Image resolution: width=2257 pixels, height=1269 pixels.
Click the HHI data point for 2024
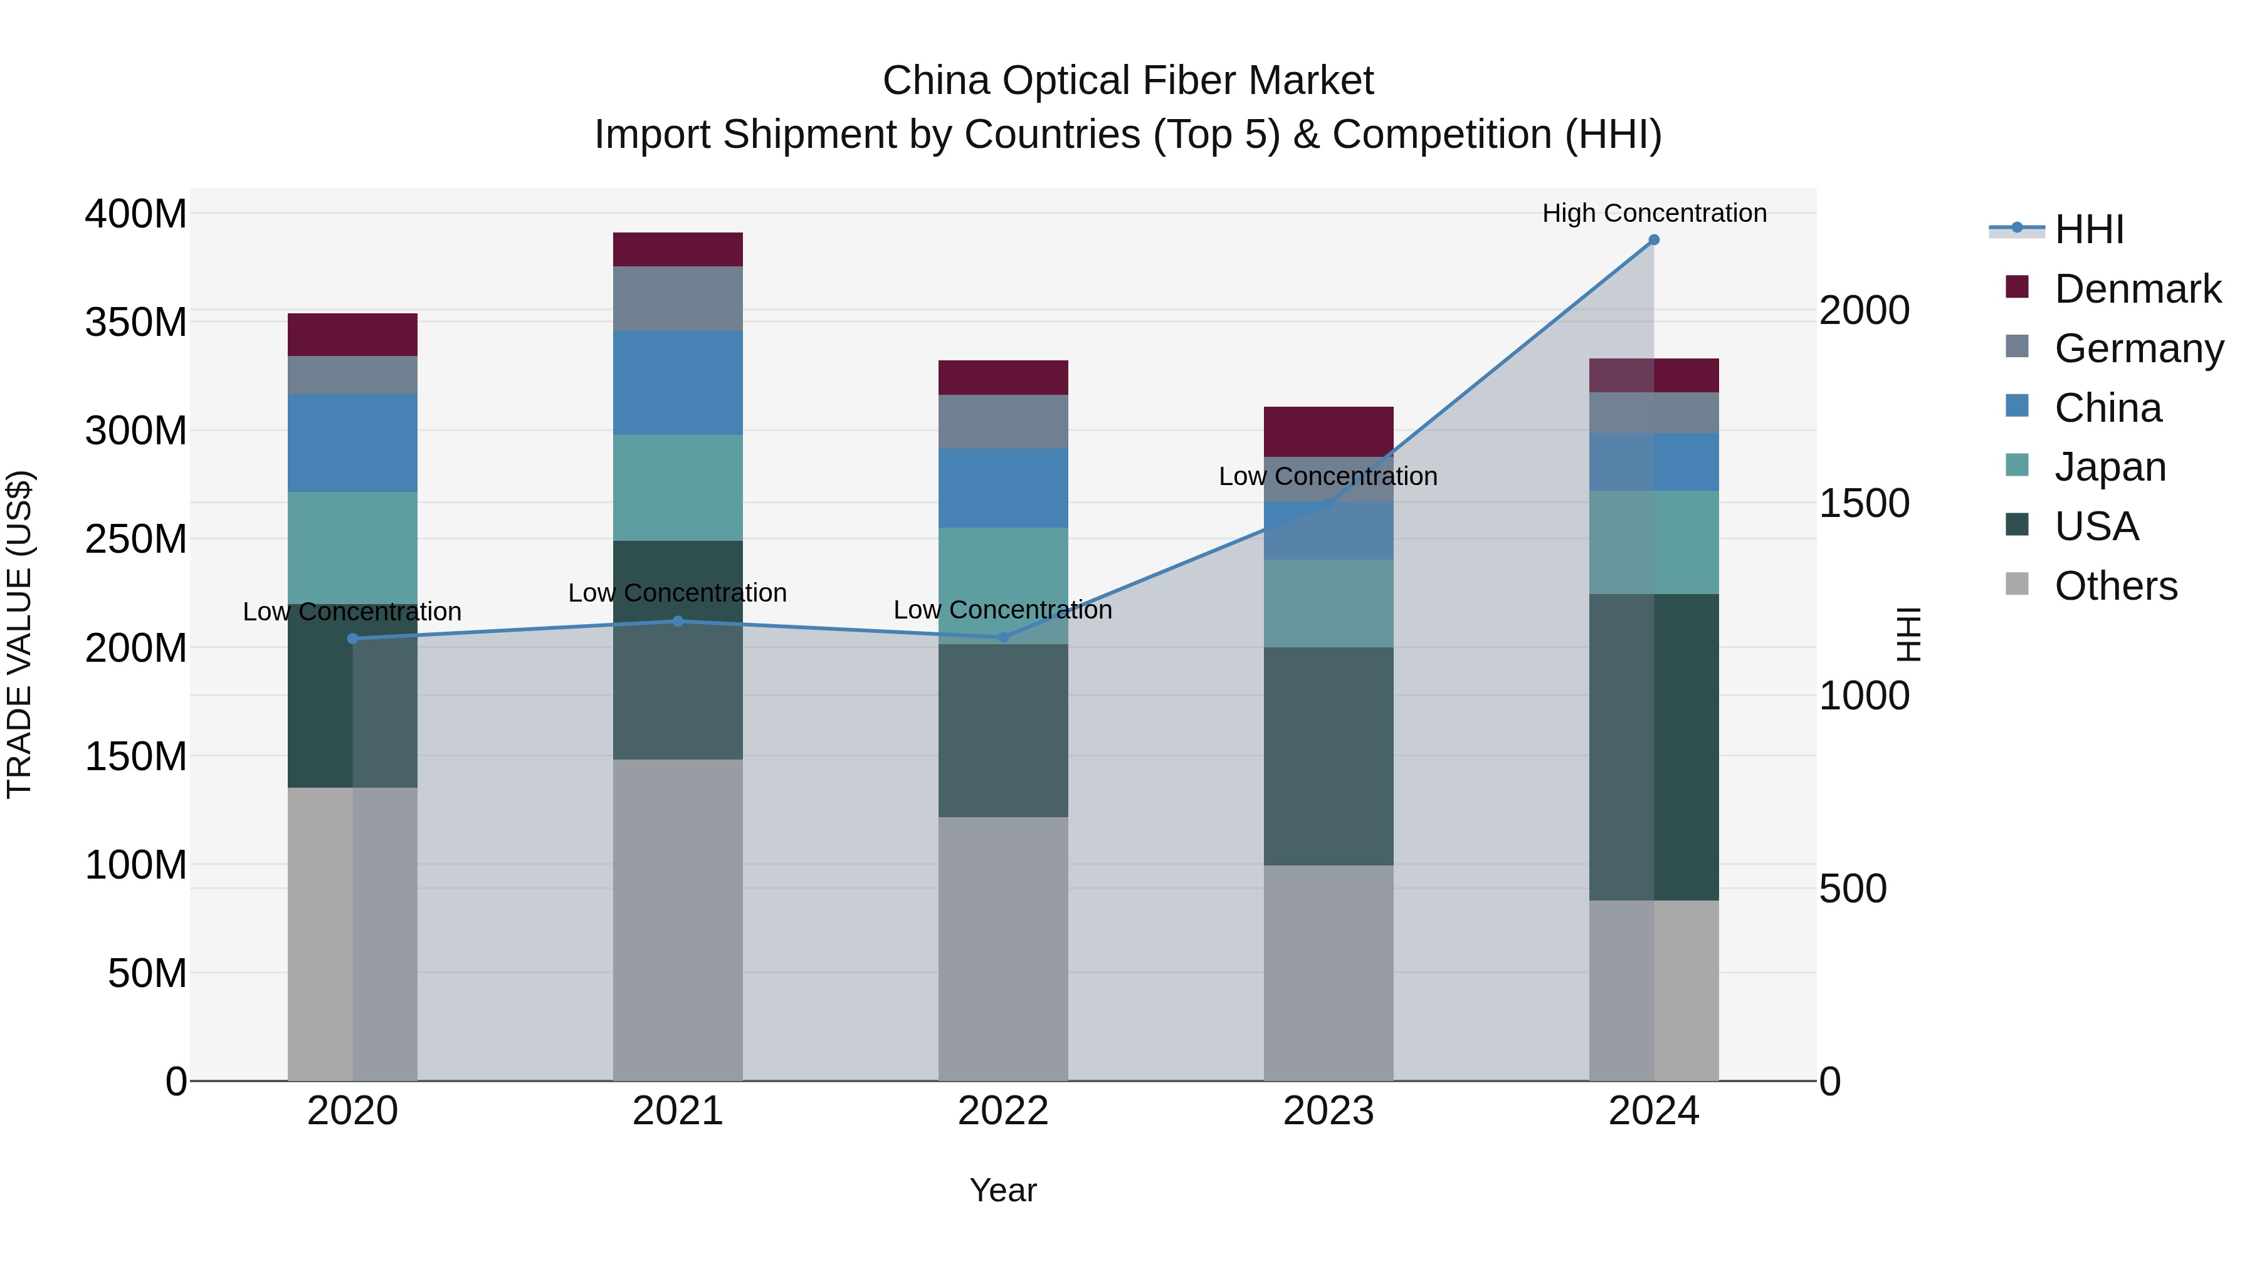[x=1653, y=240]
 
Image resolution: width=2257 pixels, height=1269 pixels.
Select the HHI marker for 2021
[x=677, y=621]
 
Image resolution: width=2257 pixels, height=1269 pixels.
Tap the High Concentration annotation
[x=1653, y=213]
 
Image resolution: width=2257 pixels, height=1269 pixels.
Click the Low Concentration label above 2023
[x=1327, y=476]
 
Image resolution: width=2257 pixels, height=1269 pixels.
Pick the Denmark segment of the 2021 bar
[x=677, y=249]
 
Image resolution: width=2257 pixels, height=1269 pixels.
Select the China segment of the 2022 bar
[x=1002, y=488]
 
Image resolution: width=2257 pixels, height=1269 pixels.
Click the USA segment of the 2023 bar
[x=1327, y=756]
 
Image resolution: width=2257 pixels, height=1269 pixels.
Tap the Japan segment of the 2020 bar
[x=352, y=547]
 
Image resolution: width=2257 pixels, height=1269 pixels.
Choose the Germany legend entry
[x=2138, y=348]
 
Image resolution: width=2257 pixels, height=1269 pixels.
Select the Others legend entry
[x=2115, y=586]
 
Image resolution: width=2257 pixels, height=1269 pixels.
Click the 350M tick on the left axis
[x=136, y=322]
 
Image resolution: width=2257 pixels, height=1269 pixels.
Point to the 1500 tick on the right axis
[x=1865, y=504]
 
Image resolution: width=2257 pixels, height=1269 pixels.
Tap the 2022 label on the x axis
[x=1002, y=1111]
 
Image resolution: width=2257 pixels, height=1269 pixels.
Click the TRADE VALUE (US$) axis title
[x=19, y=634]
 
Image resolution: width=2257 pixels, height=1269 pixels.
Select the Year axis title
[x=1002, y=1190]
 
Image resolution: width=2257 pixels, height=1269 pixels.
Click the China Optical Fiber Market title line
[x=1128, y=81]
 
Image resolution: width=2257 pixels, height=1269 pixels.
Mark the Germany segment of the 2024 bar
[x=1653, y=412]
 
